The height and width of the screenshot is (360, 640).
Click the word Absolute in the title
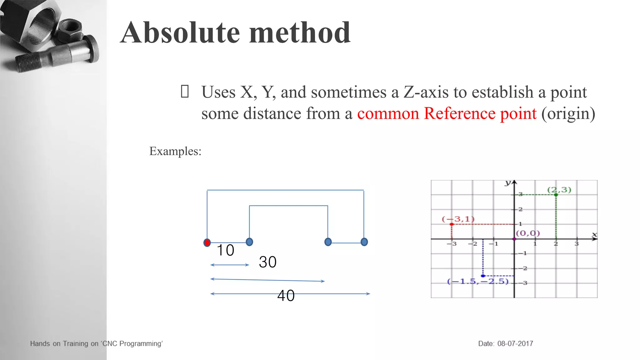click(x=181, y=33)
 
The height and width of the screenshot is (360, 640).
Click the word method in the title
click(x=300, y=33)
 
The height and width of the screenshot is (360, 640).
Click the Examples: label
click(x=175, y=151)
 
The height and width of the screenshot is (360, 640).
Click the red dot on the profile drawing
click(x=207, y=242)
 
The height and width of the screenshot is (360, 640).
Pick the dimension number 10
click(x=225, y=250)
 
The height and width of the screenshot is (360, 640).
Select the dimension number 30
click(x=267, y=262)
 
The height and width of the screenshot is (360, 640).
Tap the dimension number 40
click(x=286, y=296)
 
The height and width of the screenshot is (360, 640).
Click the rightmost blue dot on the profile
click(x=364, y=242)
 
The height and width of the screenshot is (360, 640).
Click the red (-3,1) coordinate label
click(x=458, y=219)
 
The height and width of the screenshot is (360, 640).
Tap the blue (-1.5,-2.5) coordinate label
click(x=478, y=282)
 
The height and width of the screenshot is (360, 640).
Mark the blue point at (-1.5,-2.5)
click(x=483, y=276)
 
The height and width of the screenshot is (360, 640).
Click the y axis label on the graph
click(x=508, y=183)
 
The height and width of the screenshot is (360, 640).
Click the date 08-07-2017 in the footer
click(x=515, y=344)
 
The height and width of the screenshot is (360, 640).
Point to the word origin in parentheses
click(x=568, y=114)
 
